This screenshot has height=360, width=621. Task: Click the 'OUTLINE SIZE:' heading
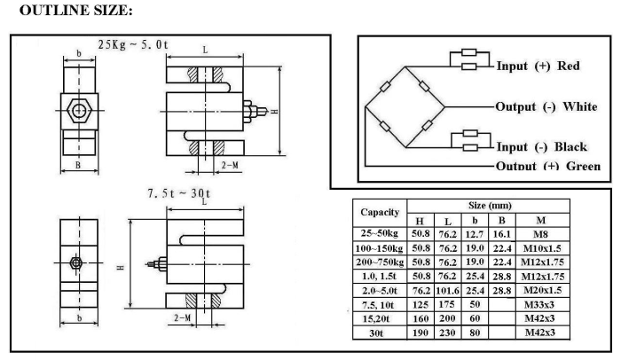(x=75, y=11)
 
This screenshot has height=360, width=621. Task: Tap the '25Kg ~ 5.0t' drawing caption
(x=133, y=44)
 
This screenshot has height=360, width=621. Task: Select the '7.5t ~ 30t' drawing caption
(x=179, y=193)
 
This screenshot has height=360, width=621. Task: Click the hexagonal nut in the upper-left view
(x=79, y=110)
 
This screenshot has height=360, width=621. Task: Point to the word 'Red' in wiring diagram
(x=569, y=66)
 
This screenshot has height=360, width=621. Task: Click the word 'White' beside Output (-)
(x=580, y=106)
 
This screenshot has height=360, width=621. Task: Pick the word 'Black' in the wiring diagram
(x=570, y=147)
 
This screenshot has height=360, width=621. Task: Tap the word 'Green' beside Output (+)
(x=583, y=166)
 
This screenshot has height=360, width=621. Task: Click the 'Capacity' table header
(x=380, y=212)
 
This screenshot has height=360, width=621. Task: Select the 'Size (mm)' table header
(x=490, y=206)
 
